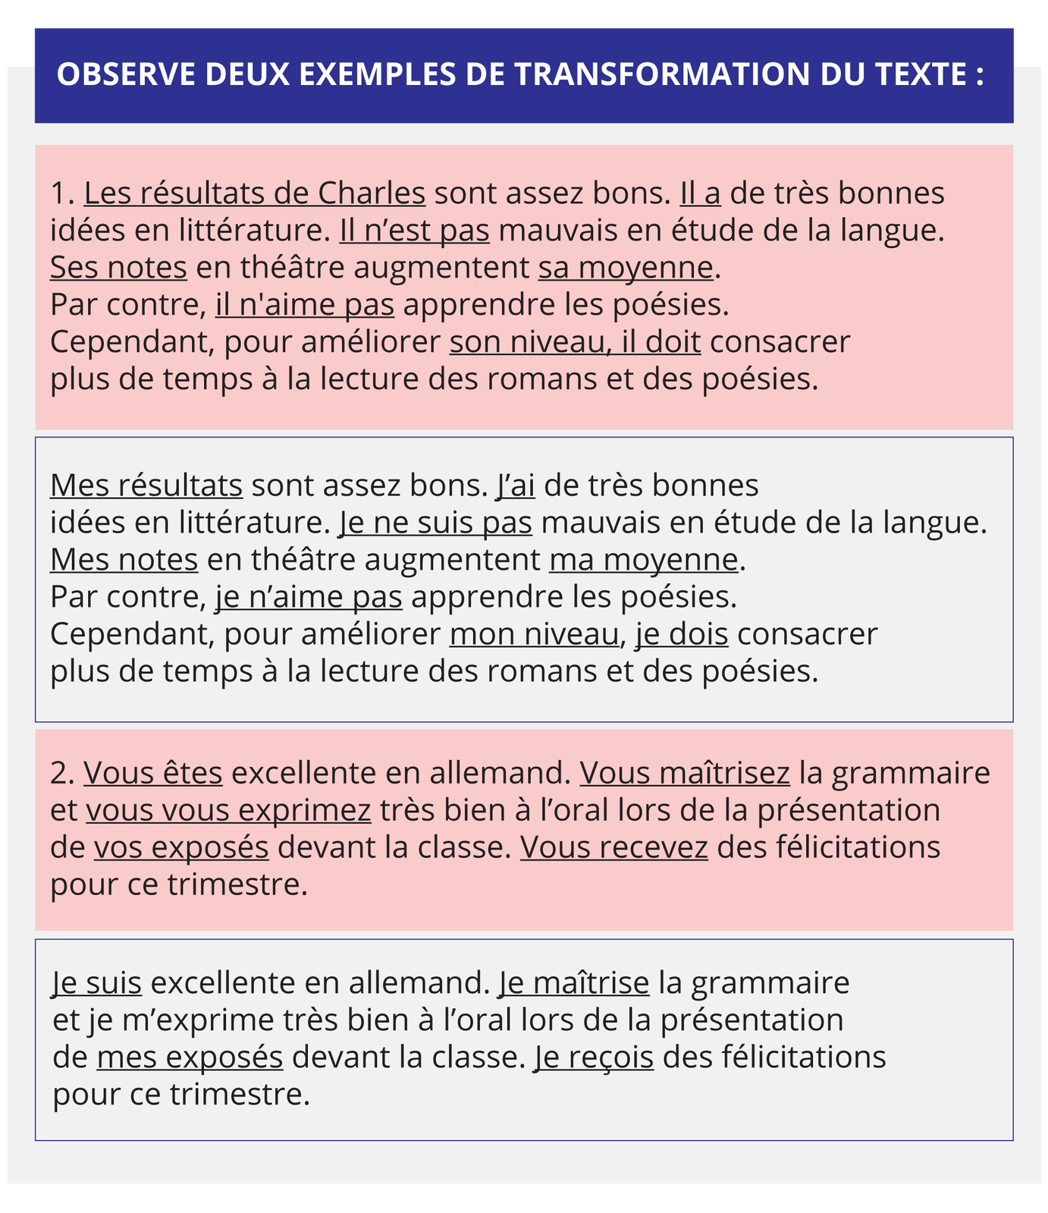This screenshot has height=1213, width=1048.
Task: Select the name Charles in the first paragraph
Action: pyautogui.click(x=372, y=193)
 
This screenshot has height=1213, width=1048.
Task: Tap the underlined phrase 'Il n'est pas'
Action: pyautogui.click(x=414, y=231)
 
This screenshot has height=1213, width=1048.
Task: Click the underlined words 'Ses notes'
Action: pyautogui.click(x=118, y=268)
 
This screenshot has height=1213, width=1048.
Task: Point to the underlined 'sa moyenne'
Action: pyautogui.click(x=626, y=268)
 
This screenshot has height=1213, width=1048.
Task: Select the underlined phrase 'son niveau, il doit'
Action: pyautogui.click(x=575, y=342)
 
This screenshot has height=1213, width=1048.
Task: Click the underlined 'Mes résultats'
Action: pyautogui.click(x=146, y=486)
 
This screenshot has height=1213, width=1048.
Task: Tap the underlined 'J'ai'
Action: pyautogui.click(x=516, y=486)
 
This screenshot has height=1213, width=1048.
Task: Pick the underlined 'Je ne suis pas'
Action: pyautogui.click(x=436, y=523)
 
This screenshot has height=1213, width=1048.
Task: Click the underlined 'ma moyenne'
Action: pyautogui.click(x=643, y=560)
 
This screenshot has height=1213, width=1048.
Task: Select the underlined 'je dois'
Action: pyautogui.click(x=682, y=634)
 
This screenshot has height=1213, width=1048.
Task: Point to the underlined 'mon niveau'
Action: pyautogui.click(x=534, y=634)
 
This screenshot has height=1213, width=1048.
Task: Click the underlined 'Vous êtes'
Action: pyautogui.click(x=153, y=773)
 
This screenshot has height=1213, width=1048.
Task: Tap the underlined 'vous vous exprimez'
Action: pyautogui.click(x=228, y=810)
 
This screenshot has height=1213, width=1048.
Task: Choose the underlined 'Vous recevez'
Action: pyautogui.click(x=613, y=847)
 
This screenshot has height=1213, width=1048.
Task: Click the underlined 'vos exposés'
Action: pyautogui.click(x=181, y=847)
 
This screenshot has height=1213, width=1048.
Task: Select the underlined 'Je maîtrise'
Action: pyautogui.click(x=574, y=983)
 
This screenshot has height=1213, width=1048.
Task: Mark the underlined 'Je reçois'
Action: pyautogui.click(x=594, y=1057)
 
